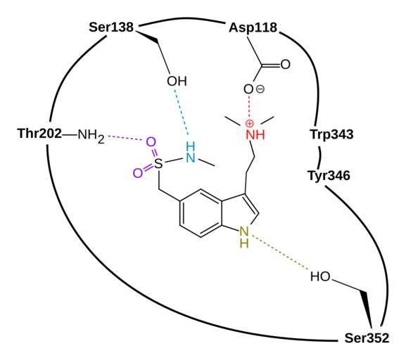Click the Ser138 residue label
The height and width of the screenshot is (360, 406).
coord(111,27)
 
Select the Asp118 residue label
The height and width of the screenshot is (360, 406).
coord(253,28)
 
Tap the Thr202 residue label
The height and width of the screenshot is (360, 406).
coord(40,134)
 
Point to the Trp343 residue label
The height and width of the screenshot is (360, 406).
coord(331,134)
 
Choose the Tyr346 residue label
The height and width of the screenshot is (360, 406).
coord(329,176)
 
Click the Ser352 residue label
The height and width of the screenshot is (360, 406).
coord(367,338)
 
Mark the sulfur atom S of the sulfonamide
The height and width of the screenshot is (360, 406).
coord(158,164)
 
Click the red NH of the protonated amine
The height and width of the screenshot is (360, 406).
coord(255,135)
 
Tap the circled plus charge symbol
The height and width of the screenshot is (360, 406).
coord(249,124)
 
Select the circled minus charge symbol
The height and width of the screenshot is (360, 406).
coord(260,89)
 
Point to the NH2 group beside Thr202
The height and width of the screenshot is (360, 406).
coord(91,134)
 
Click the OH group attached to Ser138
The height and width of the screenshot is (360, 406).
coord(177,82)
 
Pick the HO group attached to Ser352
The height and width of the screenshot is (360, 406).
coord(320,276)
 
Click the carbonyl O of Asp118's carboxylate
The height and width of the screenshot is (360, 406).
coord(285,65)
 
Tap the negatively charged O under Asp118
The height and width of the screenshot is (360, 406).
coord(248,89)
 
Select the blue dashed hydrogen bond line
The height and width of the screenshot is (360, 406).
coord(181,112)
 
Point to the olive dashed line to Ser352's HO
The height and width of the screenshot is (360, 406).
coord(279,252)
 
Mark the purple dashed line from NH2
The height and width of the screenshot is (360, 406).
coord(125,138)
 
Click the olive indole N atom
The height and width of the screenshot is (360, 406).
coord(244,231)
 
